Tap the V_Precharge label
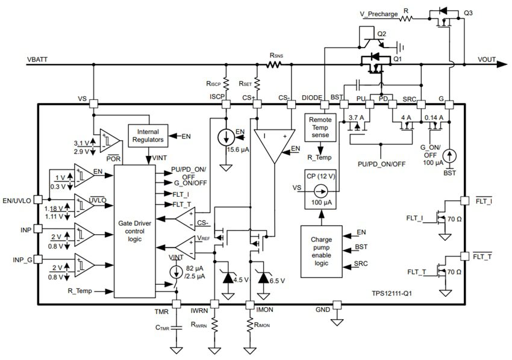374,19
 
